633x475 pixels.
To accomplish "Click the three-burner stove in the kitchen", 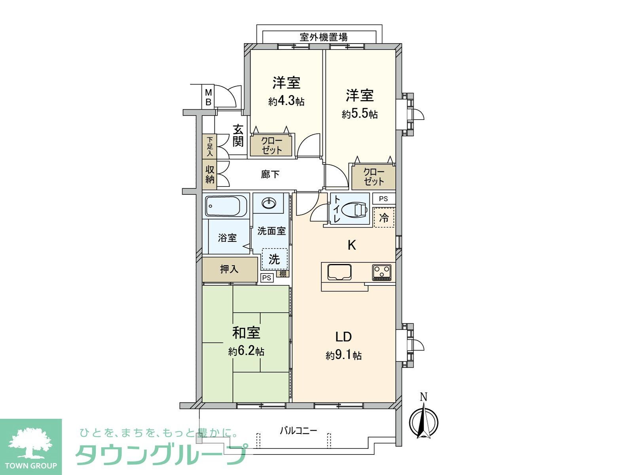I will click(381, 272).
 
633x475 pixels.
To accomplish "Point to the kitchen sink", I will click(339, 272).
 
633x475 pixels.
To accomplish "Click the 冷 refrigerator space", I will click(384, 217).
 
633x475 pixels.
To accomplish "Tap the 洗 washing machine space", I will click(274, 259).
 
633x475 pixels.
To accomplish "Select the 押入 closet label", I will click(229, 270).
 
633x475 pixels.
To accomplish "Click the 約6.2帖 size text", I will click(246, 351).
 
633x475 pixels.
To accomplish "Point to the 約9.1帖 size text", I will click(343, 355).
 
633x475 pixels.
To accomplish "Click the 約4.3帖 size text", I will click(286, 101).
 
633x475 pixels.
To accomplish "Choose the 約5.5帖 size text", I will click(360, 114).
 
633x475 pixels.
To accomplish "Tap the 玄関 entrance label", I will click(238, 136).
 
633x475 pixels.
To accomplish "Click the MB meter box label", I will click(208, 97).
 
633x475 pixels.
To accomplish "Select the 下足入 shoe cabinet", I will click(209, 146).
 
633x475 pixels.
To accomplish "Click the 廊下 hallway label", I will click(270, 174).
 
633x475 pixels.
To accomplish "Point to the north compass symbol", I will click(424, 420).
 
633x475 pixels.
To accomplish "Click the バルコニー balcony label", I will click(298, 430).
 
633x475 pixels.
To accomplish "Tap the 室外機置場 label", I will click(324, 37).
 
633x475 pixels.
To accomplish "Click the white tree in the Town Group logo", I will click(30, 443).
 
